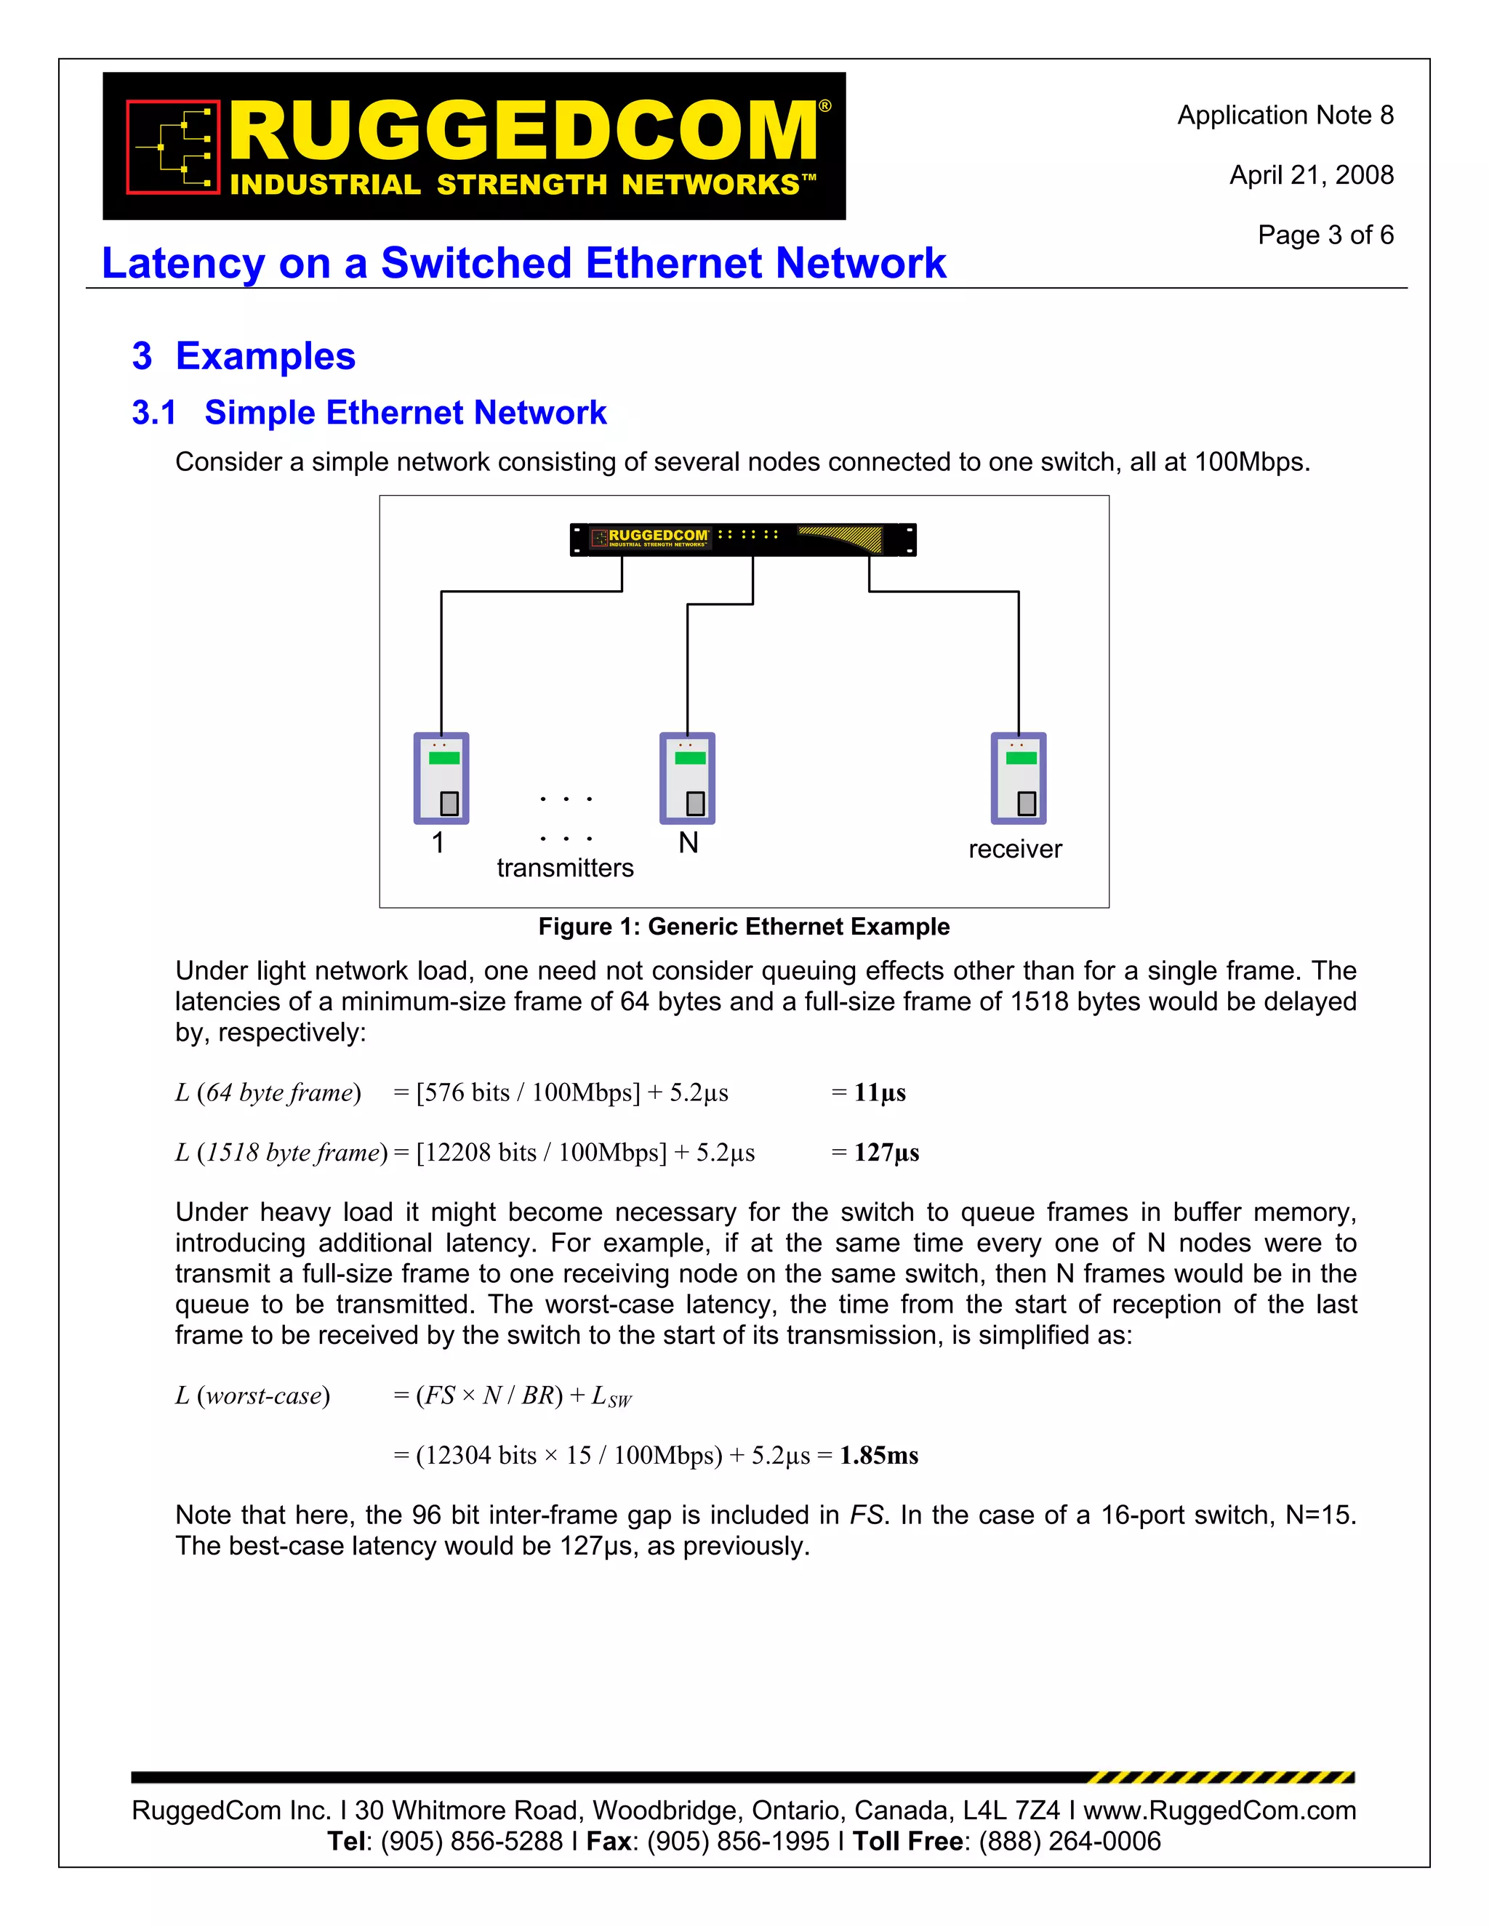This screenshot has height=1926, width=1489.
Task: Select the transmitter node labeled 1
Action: [x=441, y=778]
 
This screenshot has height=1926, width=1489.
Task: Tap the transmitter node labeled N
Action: [x=687, y=778]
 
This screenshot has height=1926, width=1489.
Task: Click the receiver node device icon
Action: [x=1018, y=778]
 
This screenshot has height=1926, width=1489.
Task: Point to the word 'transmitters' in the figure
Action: [x=564, y=868]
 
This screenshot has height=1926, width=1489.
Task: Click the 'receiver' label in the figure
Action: [x=1014, y=848]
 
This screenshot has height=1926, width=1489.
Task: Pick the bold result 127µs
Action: [x=886, y=1153]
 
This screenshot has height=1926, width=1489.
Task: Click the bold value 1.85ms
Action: [x=878, y=1455]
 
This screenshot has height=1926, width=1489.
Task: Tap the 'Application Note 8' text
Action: [x=1285, y=116]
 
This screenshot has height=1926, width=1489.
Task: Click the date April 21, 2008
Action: [x=1311, y=175]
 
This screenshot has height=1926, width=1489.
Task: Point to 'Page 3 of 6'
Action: [x=1325, y=235]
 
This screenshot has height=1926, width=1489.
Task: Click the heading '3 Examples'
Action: [x=244, y=356]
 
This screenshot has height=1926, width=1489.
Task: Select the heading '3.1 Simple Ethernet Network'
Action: [x=369, y=413]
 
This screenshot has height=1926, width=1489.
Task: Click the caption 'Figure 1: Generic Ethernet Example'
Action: [x=744, y=927]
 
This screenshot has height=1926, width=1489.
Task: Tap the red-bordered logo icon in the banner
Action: [x=173, y=146]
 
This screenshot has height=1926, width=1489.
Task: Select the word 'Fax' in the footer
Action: [x=609, y=1842]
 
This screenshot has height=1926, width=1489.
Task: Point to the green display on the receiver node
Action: [x=1021, y=757]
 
